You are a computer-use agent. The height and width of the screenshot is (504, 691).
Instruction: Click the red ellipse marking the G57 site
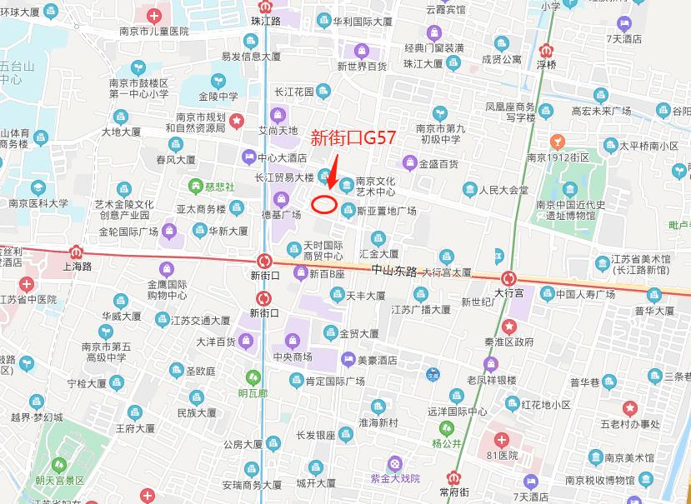click(x=323, y=202)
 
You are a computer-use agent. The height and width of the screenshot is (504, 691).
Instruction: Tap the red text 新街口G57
click(x=353, y=137)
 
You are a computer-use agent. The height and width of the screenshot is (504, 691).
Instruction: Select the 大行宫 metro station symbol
click(x=508, y=278)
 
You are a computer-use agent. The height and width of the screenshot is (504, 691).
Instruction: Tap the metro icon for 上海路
click(x=77, y=250)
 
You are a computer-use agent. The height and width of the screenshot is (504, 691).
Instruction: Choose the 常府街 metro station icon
click(x=454, y=478)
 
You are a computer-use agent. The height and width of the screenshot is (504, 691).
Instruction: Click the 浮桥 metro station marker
click(x=547, y=49)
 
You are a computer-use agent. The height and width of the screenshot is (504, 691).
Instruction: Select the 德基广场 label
click(x=282, y=215)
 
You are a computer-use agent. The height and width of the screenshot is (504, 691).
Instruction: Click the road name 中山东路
click(x=394, y=271)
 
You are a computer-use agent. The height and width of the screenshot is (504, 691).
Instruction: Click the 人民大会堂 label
click(x=503, y=190)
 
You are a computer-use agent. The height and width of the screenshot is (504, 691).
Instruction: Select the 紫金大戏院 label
click(x=395, y=478)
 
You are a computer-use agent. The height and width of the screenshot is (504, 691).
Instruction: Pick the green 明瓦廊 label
click(x=253, y=393)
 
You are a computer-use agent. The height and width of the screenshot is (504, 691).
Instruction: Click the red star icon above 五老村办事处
click(x=630, y=407)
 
